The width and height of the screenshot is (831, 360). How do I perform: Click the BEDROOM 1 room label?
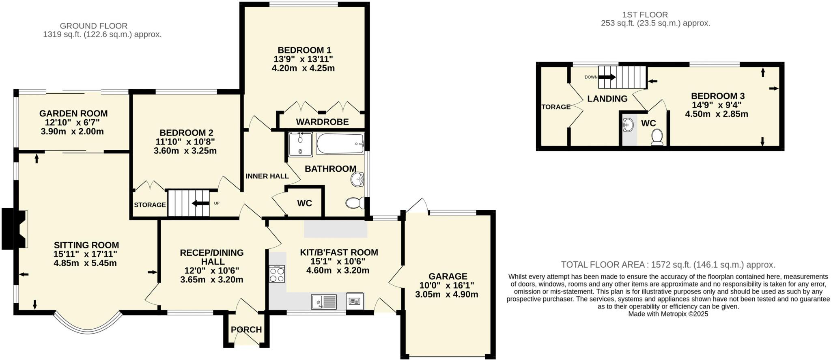(304, 50)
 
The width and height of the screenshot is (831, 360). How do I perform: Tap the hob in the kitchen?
(277, 274)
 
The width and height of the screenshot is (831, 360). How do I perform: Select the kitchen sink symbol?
(324, 302)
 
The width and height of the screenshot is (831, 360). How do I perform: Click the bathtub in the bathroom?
(340, 144)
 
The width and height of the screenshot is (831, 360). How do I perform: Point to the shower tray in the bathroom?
(300, 145)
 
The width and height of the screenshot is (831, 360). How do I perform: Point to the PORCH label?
(246, 330)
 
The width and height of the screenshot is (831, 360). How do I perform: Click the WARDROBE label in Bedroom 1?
(322, 122)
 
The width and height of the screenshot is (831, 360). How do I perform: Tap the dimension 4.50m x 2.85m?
(717, 114)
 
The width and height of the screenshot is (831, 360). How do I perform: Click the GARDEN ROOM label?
(73, 114)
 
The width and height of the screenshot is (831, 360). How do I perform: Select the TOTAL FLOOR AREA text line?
(668, 265)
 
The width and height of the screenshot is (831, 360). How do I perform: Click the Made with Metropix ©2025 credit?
(668, 314)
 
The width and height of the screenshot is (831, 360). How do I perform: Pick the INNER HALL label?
(267, 176)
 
